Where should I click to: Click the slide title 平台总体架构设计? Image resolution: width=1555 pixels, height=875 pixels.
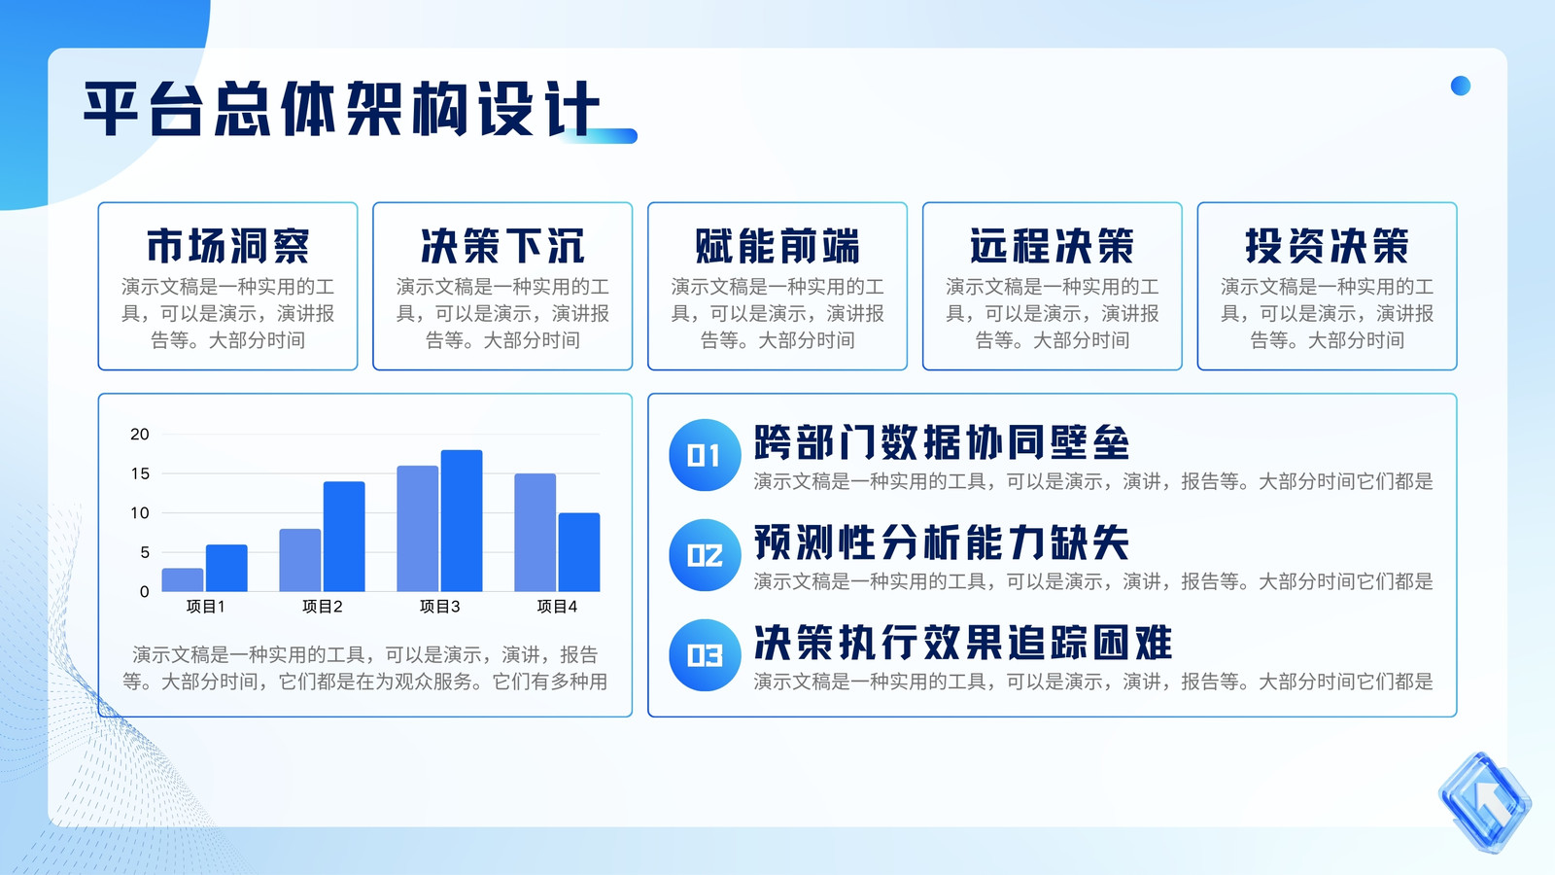[341, 108]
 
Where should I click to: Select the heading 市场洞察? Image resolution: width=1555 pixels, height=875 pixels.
[227, 246]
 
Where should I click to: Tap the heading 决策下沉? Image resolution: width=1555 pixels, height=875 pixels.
[502, 246]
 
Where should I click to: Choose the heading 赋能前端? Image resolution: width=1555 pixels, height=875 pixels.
[777, 246]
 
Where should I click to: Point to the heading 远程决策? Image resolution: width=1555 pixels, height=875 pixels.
[1052, 246]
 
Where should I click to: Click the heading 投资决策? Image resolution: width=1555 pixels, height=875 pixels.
[1327, 246]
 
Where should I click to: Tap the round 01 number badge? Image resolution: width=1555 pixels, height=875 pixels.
[705, 455]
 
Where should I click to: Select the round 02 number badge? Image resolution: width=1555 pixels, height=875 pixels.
[705, 555]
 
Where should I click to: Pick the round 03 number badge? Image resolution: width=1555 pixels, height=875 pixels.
[705, 655]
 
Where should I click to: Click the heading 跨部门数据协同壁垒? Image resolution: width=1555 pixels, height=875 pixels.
[942, 442]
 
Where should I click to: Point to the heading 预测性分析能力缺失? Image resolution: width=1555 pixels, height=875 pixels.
[942, 542]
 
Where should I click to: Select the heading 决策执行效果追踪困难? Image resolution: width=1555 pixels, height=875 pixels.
[963, 643]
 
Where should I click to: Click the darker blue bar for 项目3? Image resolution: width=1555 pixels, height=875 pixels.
[462, 521]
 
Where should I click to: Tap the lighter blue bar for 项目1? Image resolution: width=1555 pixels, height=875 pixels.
[183, 579]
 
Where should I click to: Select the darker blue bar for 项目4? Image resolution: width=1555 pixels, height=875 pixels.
[579, 552]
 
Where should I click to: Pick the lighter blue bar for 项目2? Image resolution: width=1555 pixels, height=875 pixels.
[300, 560]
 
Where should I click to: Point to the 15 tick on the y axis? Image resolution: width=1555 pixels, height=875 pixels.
[140, 473]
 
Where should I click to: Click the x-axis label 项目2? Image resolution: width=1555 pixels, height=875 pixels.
[322, 607]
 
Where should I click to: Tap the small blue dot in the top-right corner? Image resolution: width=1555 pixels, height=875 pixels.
[1461, 86]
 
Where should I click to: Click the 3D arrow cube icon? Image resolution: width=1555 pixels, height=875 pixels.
[1485, 802]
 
